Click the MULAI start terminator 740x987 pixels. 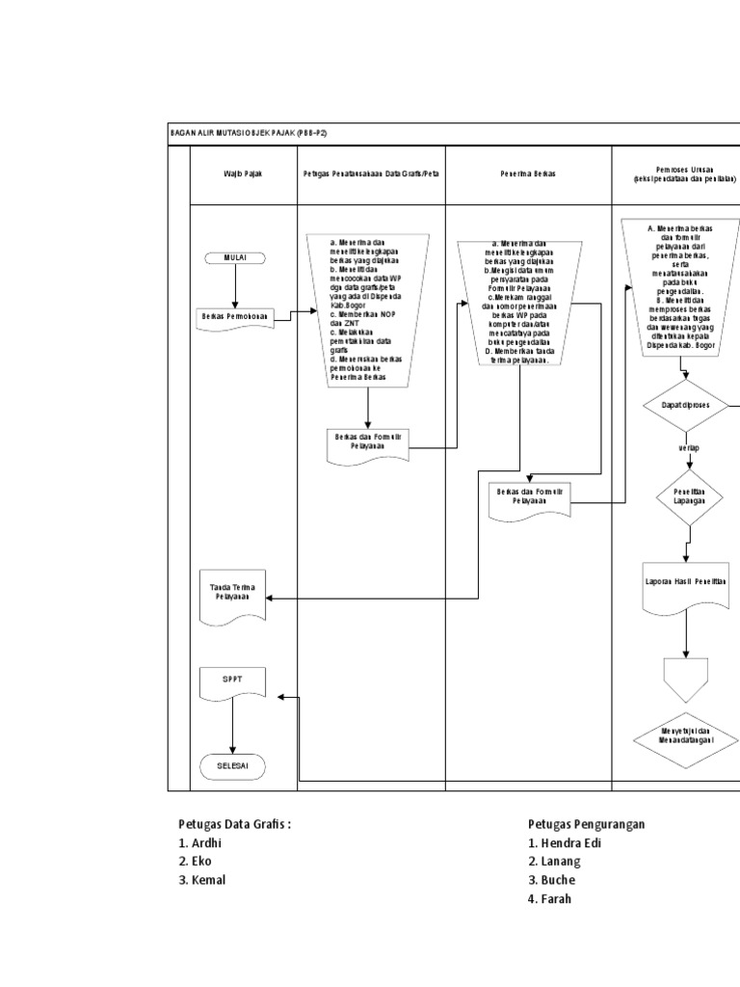click(234, 258)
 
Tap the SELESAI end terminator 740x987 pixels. click(233, 766)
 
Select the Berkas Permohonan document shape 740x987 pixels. click(233, 317)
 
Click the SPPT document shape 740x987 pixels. click(233, 682)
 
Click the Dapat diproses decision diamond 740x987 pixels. click(686, 406)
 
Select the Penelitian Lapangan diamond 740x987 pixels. click(686, 495)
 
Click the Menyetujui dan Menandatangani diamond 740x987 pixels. click(686, 739)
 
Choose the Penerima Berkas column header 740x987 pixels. click(528, 173)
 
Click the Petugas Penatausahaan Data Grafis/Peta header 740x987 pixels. click(371, 173)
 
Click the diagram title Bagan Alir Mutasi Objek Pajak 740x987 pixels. click(254, 133)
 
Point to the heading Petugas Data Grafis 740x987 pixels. click(234, 824)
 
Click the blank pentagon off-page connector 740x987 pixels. click(686, 675)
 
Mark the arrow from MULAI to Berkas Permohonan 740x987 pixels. click(234, 285)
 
